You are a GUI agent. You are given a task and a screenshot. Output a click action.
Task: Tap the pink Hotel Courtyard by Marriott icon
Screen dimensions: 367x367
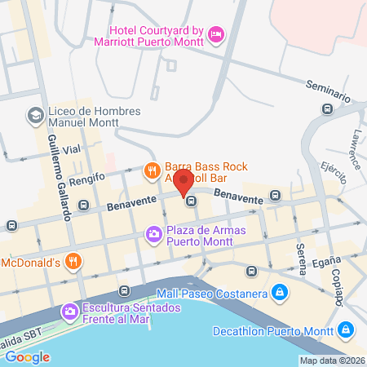coord(216,33)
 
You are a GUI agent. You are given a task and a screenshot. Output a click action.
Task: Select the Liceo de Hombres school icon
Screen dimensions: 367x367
coord(35,116)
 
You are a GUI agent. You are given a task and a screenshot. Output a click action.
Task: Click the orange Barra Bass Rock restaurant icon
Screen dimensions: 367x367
coord(151,170)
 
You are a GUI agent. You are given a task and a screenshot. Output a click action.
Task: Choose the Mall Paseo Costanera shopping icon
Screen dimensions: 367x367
coord(279,290)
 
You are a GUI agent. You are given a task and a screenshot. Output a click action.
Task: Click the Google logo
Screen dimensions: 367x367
coord(27,356)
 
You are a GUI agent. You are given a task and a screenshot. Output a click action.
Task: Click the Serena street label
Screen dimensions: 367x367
coord(301,257)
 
